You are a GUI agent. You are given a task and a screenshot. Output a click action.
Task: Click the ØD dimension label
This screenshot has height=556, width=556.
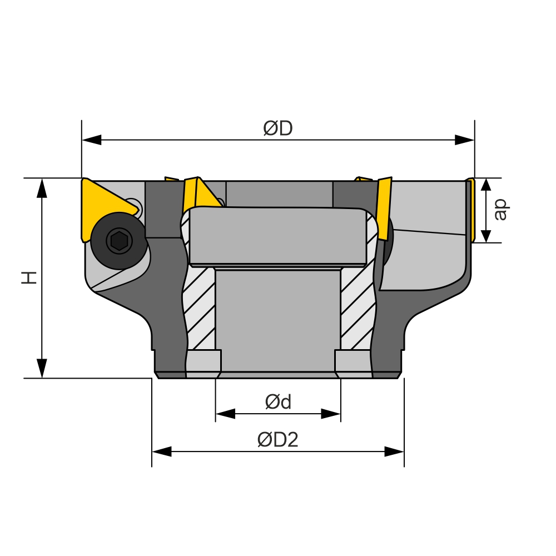tap(278, 128)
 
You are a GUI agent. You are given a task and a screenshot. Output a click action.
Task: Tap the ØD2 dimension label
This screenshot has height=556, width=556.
tap(278, 440)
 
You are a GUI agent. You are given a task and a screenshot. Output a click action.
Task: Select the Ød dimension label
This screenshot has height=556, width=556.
tap(279, 402)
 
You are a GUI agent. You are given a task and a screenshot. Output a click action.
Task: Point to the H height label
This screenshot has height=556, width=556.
tap(29, 277)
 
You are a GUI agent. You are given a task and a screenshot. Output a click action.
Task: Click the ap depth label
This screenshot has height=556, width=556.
tap(501, 210)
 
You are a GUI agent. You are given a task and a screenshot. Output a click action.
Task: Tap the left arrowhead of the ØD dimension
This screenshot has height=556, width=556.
tap(92, 140)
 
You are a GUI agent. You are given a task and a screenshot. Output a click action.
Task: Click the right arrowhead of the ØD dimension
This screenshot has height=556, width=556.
tap(464, 140)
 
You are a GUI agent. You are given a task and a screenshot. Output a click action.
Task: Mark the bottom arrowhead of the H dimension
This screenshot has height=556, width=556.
tap(42, 369)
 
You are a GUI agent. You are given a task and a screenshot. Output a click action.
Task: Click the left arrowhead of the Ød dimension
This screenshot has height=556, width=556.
tap(226, 414)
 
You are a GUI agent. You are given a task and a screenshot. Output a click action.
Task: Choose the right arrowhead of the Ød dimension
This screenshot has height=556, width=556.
tap(331, 414)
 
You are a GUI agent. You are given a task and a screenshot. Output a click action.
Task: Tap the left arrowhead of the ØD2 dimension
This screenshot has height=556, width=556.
tap(162, 451)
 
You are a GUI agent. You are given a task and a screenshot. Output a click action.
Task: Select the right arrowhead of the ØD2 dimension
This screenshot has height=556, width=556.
tap(394, 451)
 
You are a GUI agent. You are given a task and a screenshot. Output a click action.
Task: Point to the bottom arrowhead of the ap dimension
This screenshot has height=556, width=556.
tap(486, 234)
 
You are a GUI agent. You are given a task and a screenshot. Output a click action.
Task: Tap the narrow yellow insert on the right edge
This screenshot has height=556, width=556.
tap(471, 210)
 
